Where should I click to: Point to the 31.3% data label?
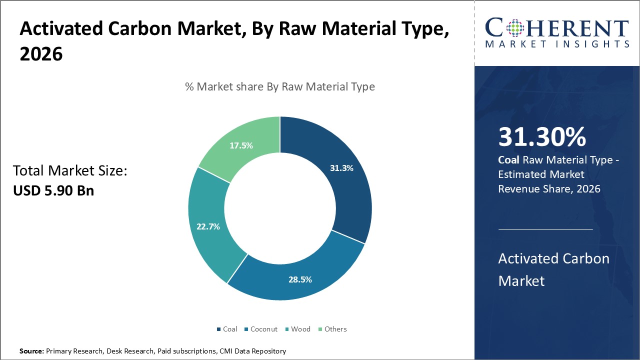pyautogui.click(x=341, y=168)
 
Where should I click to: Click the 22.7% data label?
pyautogui.click(x=208, y=226)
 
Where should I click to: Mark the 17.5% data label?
pyautogui.click(x=241, y=145)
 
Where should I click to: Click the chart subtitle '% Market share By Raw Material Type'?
pyautogui.click(x=280, y=86)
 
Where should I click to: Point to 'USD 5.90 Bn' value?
pyautogui.click(x=53, y=190)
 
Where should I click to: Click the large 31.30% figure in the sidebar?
pyautogui.click(x=542, y=137)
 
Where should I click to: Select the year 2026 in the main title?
pyautogui.click(x=41, y=54)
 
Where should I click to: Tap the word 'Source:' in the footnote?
pyautogui.click(x=31, y=351)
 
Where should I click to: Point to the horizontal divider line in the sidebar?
pyautogui.click(x=545, y=229)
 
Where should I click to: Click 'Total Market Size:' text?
pyautogui.click(x=70, y=171)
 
